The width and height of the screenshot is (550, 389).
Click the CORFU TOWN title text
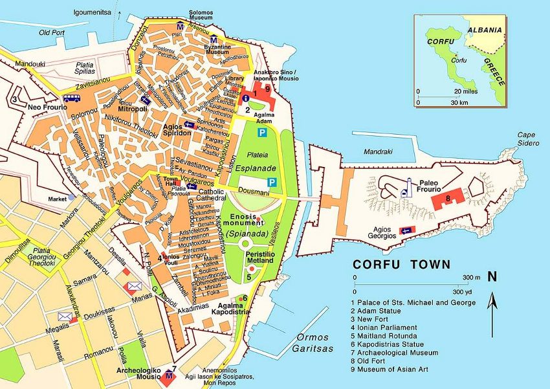pos(401,264)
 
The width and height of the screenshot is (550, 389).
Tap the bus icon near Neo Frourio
pos(72,98)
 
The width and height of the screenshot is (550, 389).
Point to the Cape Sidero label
pos(529,139)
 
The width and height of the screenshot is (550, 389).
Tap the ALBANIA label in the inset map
pos(485,30)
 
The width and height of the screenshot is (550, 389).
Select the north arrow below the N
pos(492,314)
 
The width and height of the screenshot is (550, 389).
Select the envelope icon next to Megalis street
pos(65,317)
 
